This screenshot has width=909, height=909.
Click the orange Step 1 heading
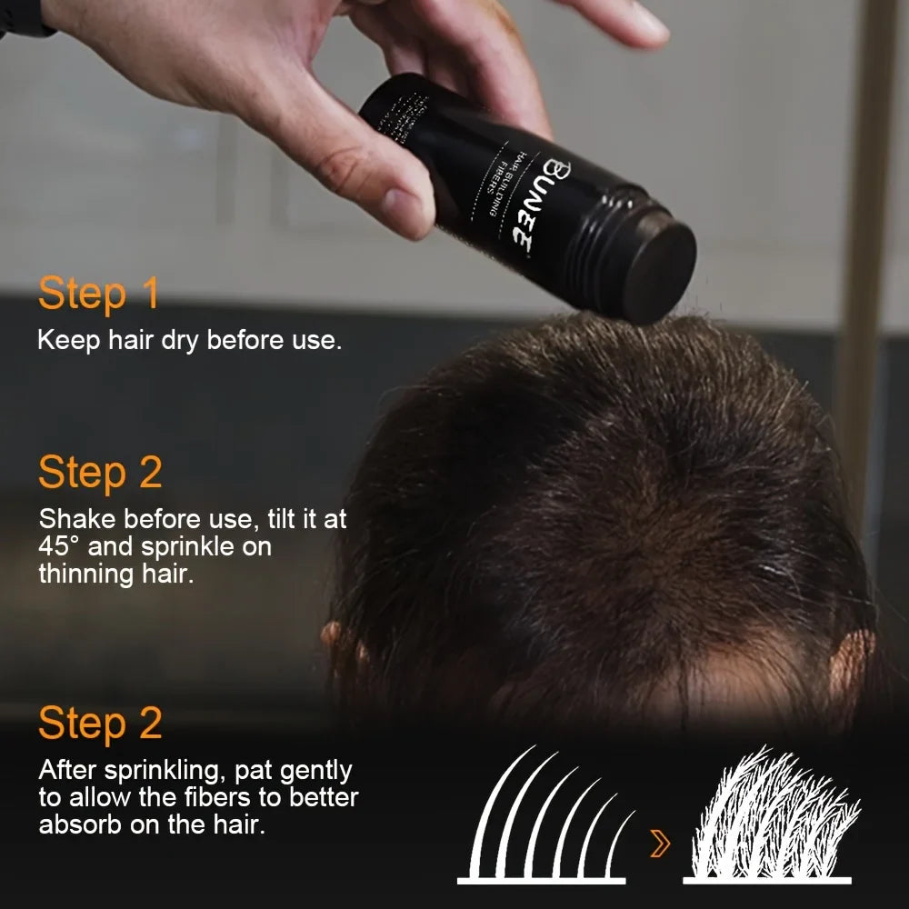coord(98,295)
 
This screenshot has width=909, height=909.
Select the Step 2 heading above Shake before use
coord(100,474)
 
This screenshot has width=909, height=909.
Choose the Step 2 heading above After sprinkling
coord(100,724)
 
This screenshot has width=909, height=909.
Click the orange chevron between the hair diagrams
coord(661,844)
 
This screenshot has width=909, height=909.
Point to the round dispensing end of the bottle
coord(661,272)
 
